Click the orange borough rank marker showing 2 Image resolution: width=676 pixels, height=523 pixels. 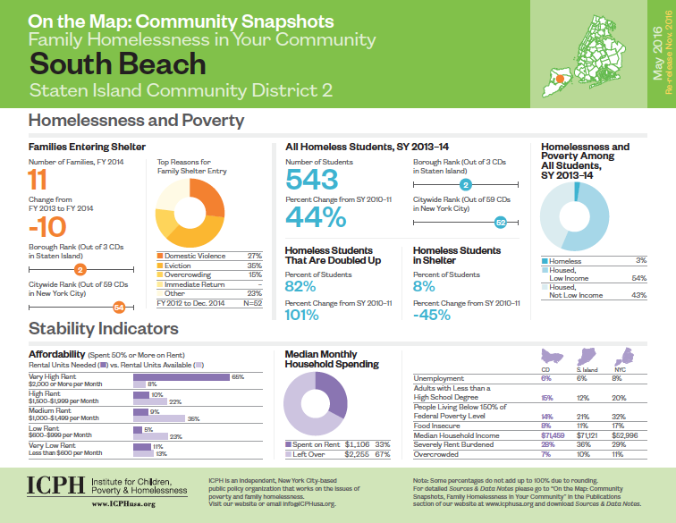pos(80,269)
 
